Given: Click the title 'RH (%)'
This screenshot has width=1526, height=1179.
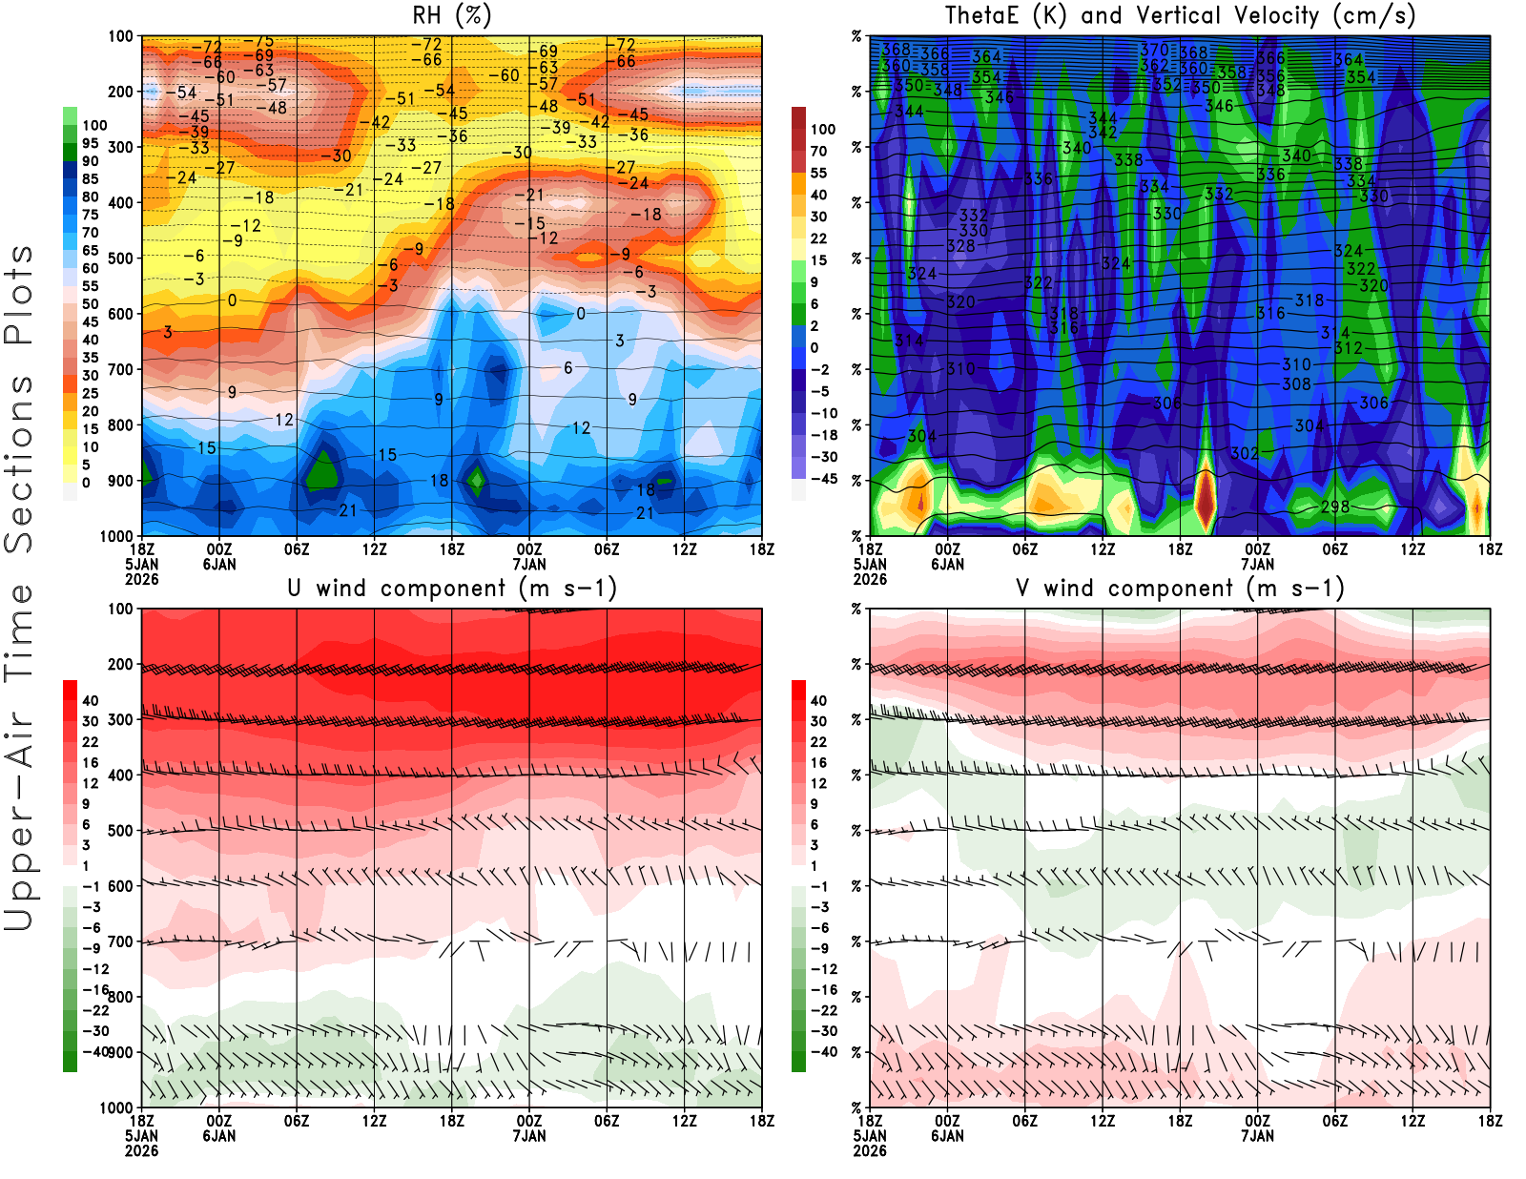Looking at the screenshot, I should click(x=451, y=16).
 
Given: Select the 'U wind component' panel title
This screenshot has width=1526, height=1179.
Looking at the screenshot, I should click(x=451, y=589).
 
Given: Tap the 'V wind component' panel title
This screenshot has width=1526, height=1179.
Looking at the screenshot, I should click(x=1180, y=589).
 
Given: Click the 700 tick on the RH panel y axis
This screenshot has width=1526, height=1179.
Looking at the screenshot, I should click(x=121, y=369).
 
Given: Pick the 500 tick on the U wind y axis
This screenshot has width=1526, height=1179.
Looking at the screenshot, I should click(x=121, y=831).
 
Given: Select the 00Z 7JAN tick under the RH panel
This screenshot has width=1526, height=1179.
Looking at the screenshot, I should click(x=529, y=556).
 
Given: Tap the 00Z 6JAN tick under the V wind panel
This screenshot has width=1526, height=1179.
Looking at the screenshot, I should click(x=947, y=1128).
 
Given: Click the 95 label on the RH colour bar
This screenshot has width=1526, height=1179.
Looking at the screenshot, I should click(x=91, y=143).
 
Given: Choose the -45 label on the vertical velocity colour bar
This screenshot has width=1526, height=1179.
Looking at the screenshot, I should click(x=823, y=479).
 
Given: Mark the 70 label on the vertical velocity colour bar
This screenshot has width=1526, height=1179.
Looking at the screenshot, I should click(x=818, y=151).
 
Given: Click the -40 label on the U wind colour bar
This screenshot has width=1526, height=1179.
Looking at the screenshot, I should click(x=95, y=1051).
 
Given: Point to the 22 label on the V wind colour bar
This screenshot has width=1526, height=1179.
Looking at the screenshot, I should click(x=818, y=742).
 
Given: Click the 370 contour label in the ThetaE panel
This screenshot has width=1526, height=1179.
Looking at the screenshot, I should click(x=1154, y=50).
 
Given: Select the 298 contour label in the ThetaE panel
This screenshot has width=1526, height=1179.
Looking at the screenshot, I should click(x=1335, y=507).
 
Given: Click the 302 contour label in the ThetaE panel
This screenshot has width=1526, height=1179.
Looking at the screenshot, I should click(x=1245, y=453).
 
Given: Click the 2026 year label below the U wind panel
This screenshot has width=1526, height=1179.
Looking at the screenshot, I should click(x=141, y=1150).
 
